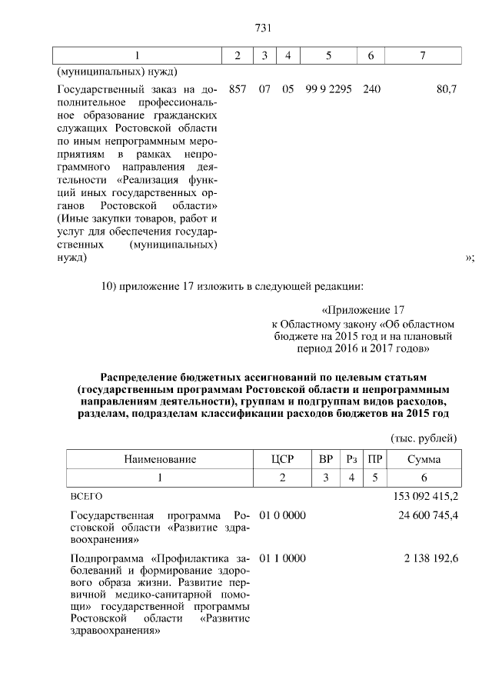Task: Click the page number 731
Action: point(264,28)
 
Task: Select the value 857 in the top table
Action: point(238,89)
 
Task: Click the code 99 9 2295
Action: point(328,89)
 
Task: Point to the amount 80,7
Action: point(447,89)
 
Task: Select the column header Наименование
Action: point(161,459)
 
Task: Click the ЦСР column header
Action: point(283,459)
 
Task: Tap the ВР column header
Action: point(326,459)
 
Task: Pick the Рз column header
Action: point(352,459)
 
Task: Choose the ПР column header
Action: point(375,459)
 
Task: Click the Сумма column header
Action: point(424,459)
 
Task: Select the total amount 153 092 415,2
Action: point(425,496)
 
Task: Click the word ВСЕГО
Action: point(86,497)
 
